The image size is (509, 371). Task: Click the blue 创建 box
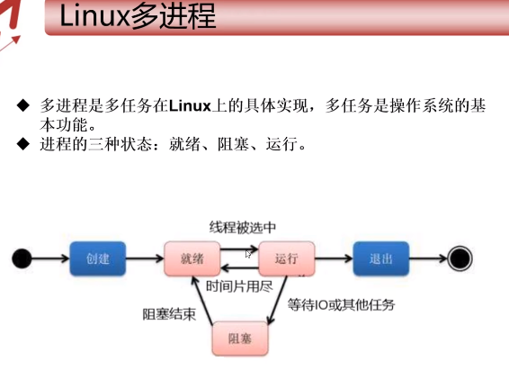[97, 258]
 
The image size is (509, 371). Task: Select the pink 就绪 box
[192, 258]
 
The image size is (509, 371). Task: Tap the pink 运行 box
[286, 258]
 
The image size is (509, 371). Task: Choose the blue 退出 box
[380, 258]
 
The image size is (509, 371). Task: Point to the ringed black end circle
[460, 258]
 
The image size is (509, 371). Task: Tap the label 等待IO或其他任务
[341, 305]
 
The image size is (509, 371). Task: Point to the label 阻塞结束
[169, 314]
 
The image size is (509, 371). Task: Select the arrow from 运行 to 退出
[333, 258]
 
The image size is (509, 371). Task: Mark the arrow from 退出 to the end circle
[427, 258]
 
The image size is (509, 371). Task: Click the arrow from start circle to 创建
[50, 258]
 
